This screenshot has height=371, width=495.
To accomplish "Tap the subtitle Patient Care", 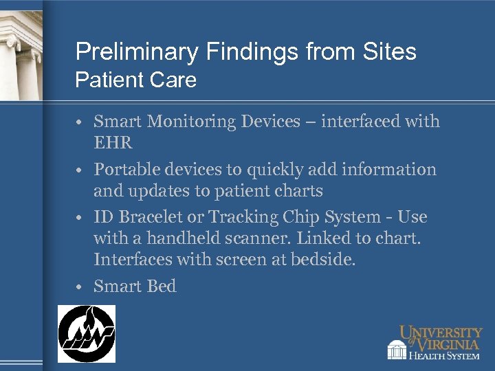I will coord(135,80).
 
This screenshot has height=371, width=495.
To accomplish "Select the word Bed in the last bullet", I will coord(162,286).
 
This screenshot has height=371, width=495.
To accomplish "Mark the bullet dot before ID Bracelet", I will coord(81,218).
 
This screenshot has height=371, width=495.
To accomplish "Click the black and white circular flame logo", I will coord(86,333).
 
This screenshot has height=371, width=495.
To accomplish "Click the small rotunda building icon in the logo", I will coord(397,350).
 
